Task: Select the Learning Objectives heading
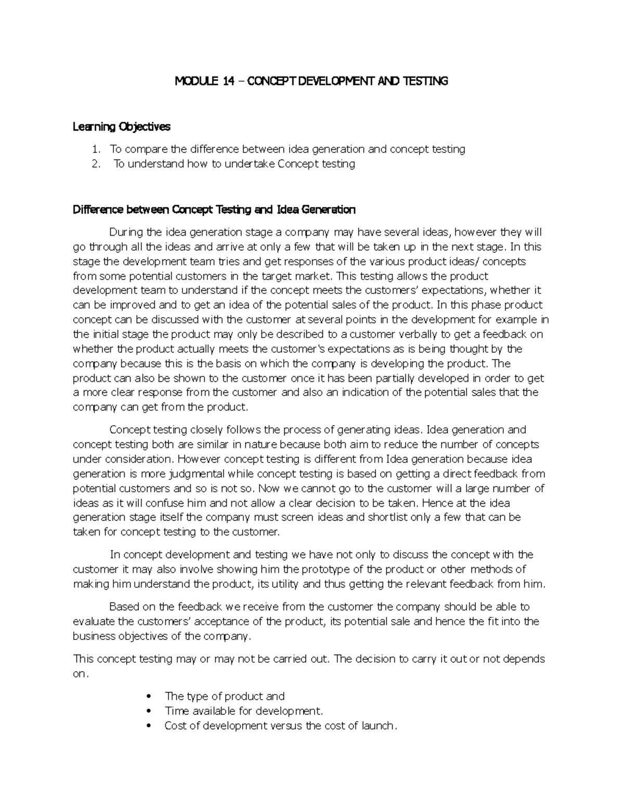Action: pos(121,126)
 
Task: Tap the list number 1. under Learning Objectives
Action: pos(95,149)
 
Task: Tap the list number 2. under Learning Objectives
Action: pos(95,164)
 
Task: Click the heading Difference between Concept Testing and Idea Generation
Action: pos(214,210)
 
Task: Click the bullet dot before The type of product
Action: pos(149,696)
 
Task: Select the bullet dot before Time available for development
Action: pos(149,711)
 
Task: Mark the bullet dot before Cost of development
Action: pos(149,725)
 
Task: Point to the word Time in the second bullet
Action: pos(175,711)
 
